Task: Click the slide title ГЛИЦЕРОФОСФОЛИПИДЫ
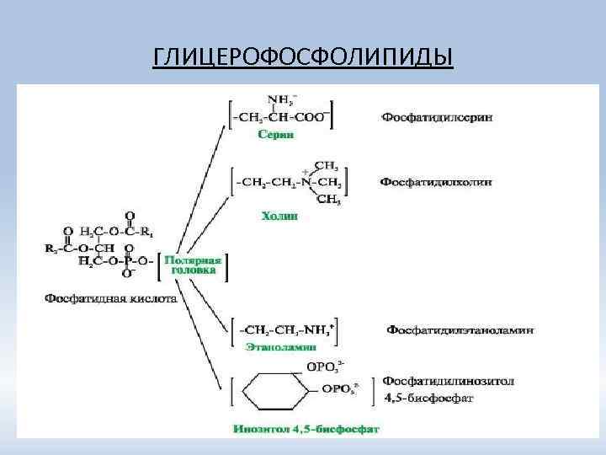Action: (303, 57)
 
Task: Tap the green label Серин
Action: (277, 133)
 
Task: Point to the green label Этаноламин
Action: (280, 346)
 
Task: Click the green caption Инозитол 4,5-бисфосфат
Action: (306, 428)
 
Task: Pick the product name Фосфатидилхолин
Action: (437, 181)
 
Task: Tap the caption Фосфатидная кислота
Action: (109, 297)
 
